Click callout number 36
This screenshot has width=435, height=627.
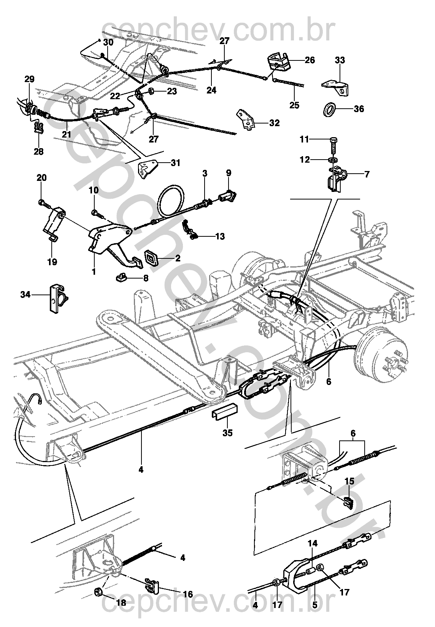point(359,109)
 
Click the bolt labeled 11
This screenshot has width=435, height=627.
point(333,145)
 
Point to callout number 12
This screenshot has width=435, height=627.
point(305,160)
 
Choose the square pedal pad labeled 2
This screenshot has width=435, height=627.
point(152,258)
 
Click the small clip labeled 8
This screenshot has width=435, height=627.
point(121,278)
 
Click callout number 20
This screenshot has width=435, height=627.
point(41,178)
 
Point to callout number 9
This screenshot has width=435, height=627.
point(229,173)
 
